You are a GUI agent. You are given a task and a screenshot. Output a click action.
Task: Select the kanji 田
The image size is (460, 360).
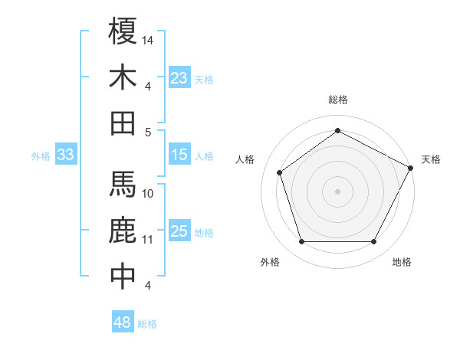tap(123, 123)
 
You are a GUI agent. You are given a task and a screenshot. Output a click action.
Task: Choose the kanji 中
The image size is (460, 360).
tap(123, 277)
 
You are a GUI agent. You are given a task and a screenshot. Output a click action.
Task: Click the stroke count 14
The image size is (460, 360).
tap(148, 39)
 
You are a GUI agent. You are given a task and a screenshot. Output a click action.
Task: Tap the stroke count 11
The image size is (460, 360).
tap(148, 240)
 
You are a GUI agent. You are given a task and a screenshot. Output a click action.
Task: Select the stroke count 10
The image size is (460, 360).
tap(148, 194)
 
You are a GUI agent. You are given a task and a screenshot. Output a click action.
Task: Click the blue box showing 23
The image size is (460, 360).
tap(179, 77)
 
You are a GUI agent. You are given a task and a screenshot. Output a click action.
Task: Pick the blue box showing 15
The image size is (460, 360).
tap(179, 155)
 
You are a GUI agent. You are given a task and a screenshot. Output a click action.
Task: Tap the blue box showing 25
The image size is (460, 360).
tap(179, 231)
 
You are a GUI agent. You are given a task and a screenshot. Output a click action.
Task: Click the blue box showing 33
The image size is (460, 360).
tap(66, 155)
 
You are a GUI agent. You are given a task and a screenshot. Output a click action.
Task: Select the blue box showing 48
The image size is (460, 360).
tap(123, 322)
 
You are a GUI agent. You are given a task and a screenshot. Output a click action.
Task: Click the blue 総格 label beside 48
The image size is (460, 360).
tap(147, 324)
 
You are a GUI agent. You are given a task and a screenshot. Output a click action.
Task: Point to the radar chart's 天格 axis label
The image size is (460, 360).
tap(431, 159)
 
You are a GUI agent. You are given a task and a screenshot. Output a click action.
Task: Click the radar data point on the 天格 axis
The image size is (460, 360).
tap(411, 167)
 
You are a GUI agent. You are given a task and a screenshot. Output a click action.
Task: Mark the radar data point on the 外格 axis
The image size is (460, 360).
tap(301, 242)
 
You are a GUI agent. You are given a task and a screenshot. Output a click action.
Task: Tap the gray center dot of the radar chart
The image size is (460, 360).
tap(337, 191)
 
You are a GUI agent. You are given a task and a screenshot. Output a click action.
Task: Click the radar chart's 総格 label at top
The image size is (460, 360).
tap(338, 100)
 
